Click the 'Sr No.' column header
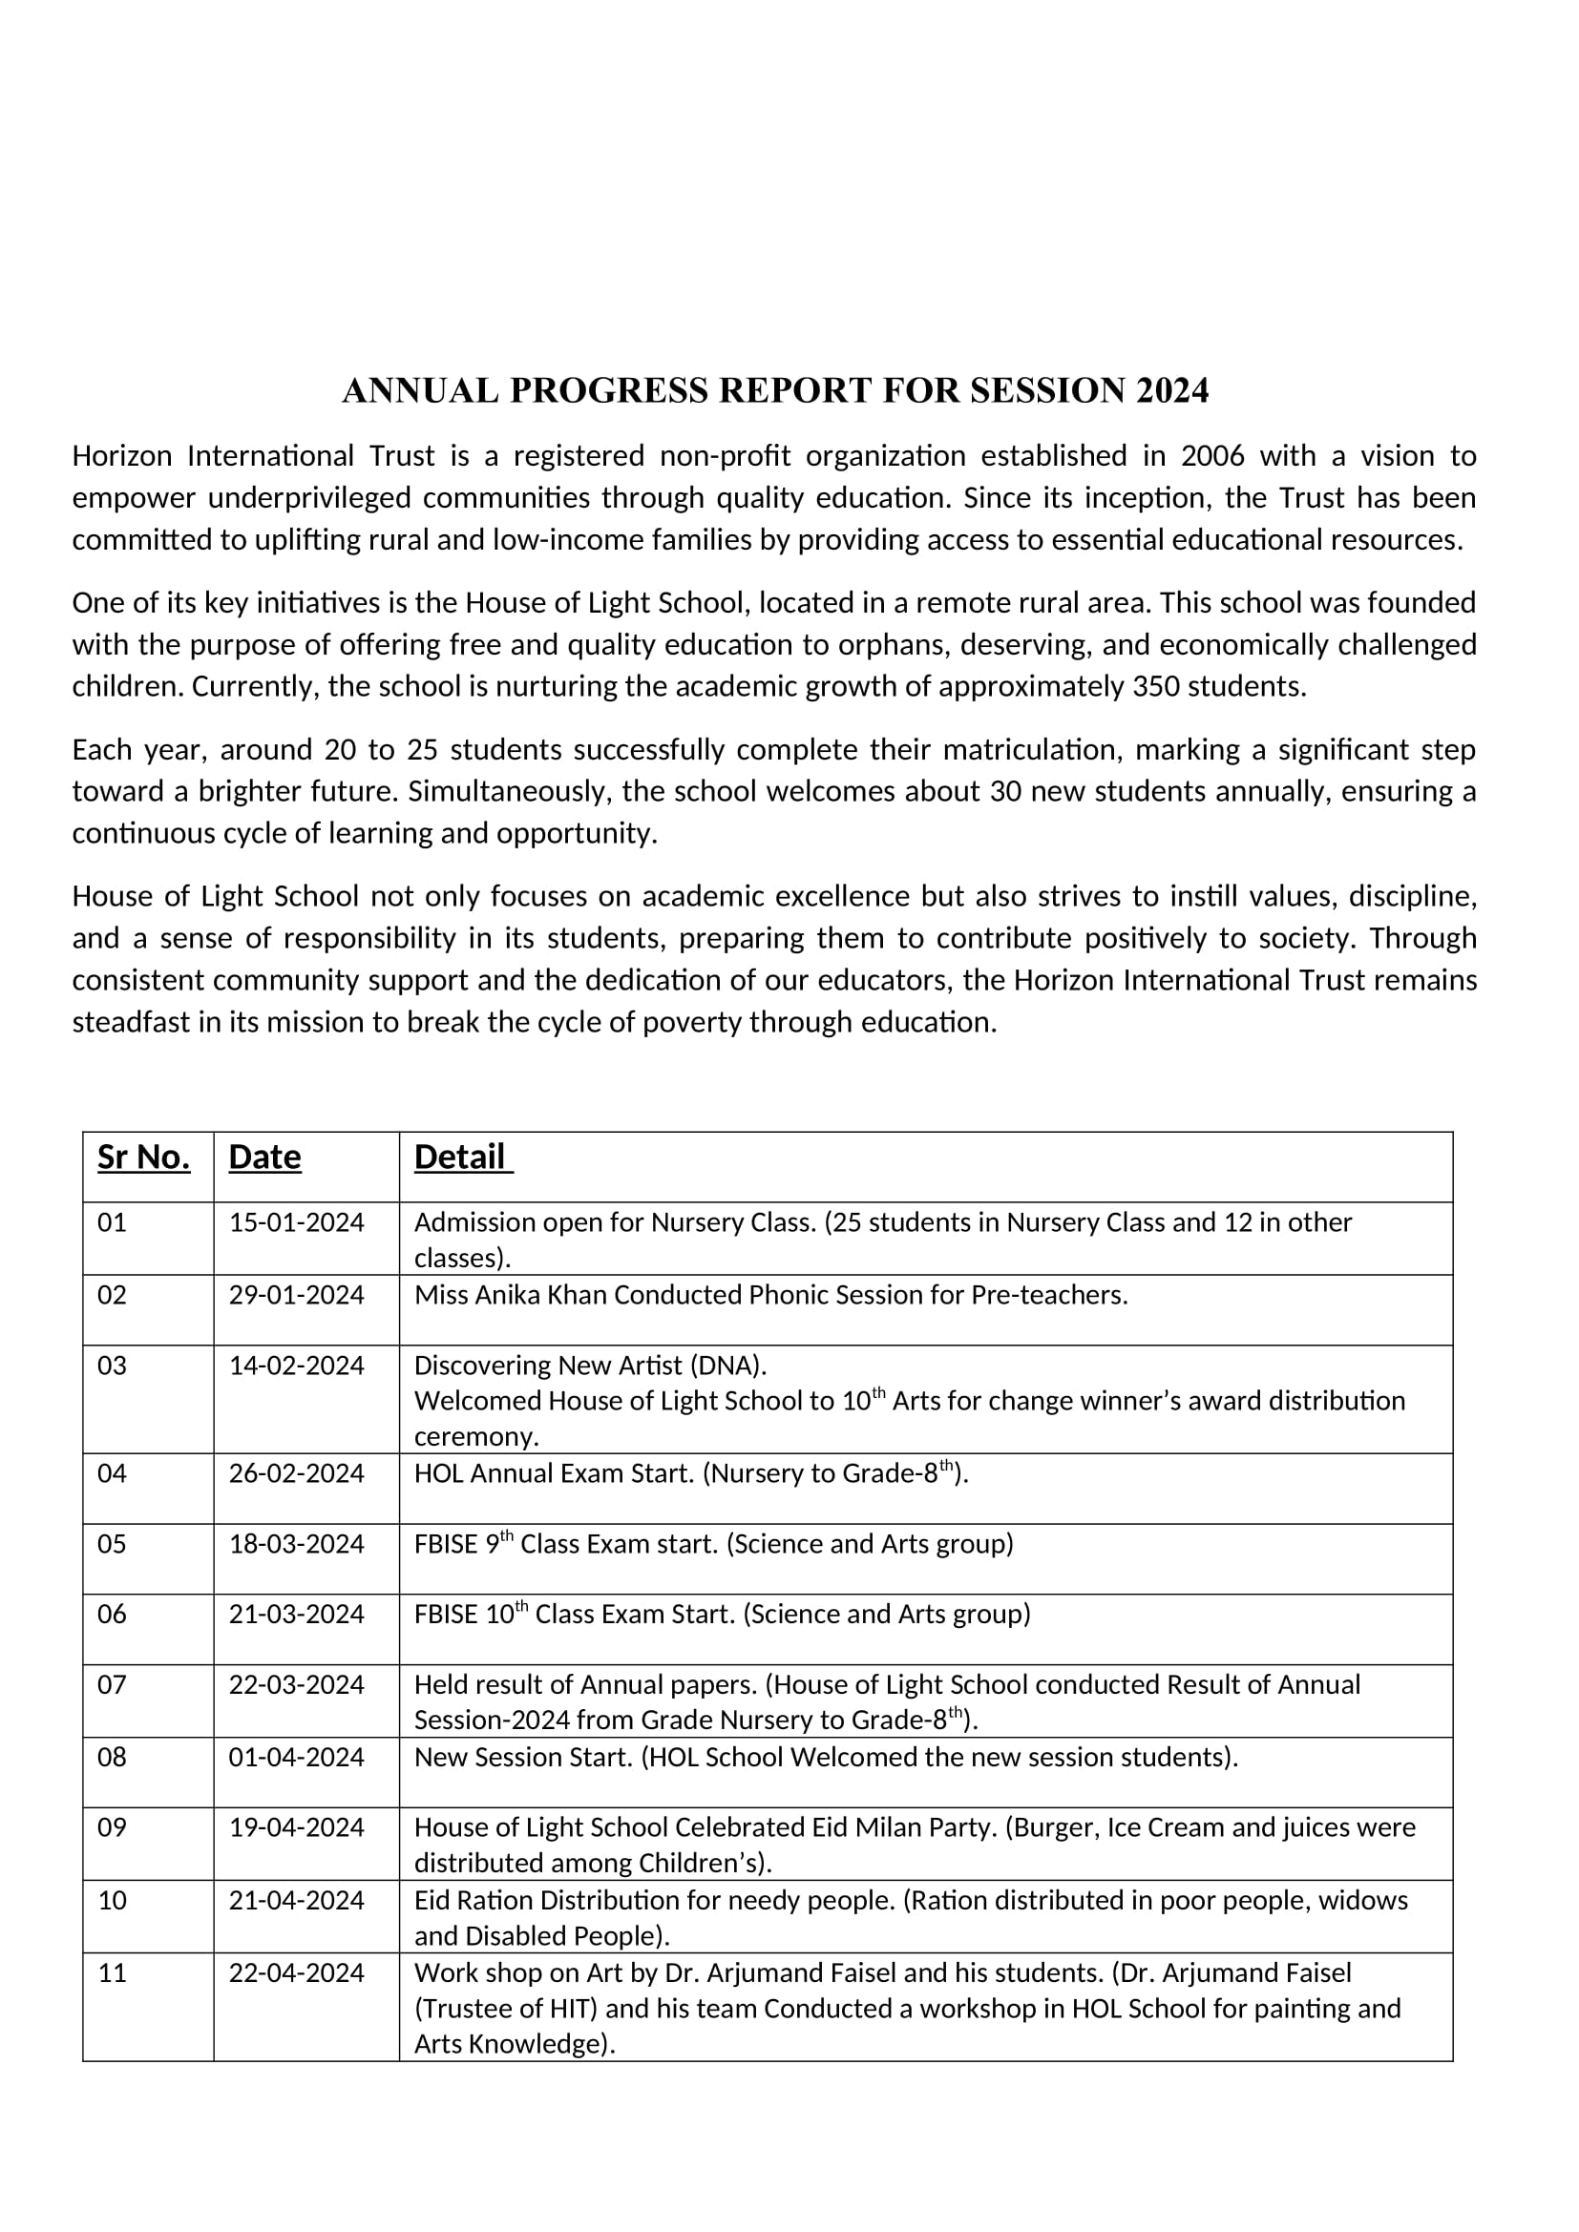coord(144,1157)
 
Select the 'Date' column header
coord(264,1157)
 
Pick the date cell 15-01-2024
coord(297,1222)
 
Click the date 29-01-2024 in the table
coord(297,1295)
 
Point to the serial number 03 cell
coord(112,1366)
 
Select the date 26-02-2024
coord(297,1473)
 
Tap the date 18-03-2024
coord(297,1544)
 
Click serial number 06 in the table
coord(112,1614)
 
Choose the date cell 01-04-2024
coord(297,1757)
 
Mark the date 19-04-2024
coord(297,1827)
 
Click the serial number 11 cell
coord(112,1972)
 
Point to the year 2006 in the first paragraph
coord(1212,456)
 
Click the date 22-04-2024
coord(297,1972)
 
